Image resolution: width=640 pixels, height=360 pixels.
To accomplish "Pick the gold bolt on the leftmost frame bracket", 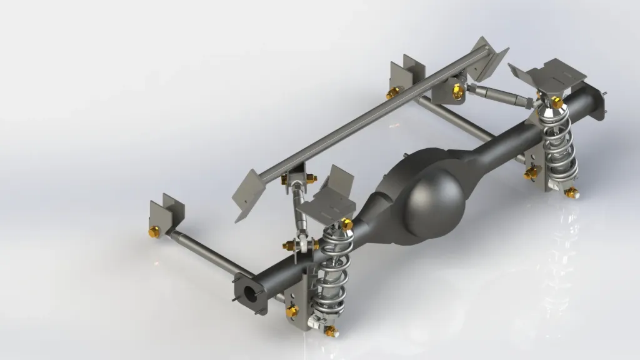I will point(152,232).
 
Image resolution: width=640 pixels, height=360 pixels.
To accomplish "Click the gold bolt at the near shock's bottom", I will point(330,329).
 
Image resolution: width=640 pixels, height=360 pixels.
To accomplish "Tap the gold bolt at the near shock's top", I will point(347,223).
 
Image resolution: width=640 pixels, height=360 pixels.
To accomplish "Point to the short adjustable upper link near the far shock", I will point(500,94).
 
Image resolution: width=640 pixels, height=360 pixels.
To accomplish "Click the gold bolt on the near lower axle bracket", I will point(291,311).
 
